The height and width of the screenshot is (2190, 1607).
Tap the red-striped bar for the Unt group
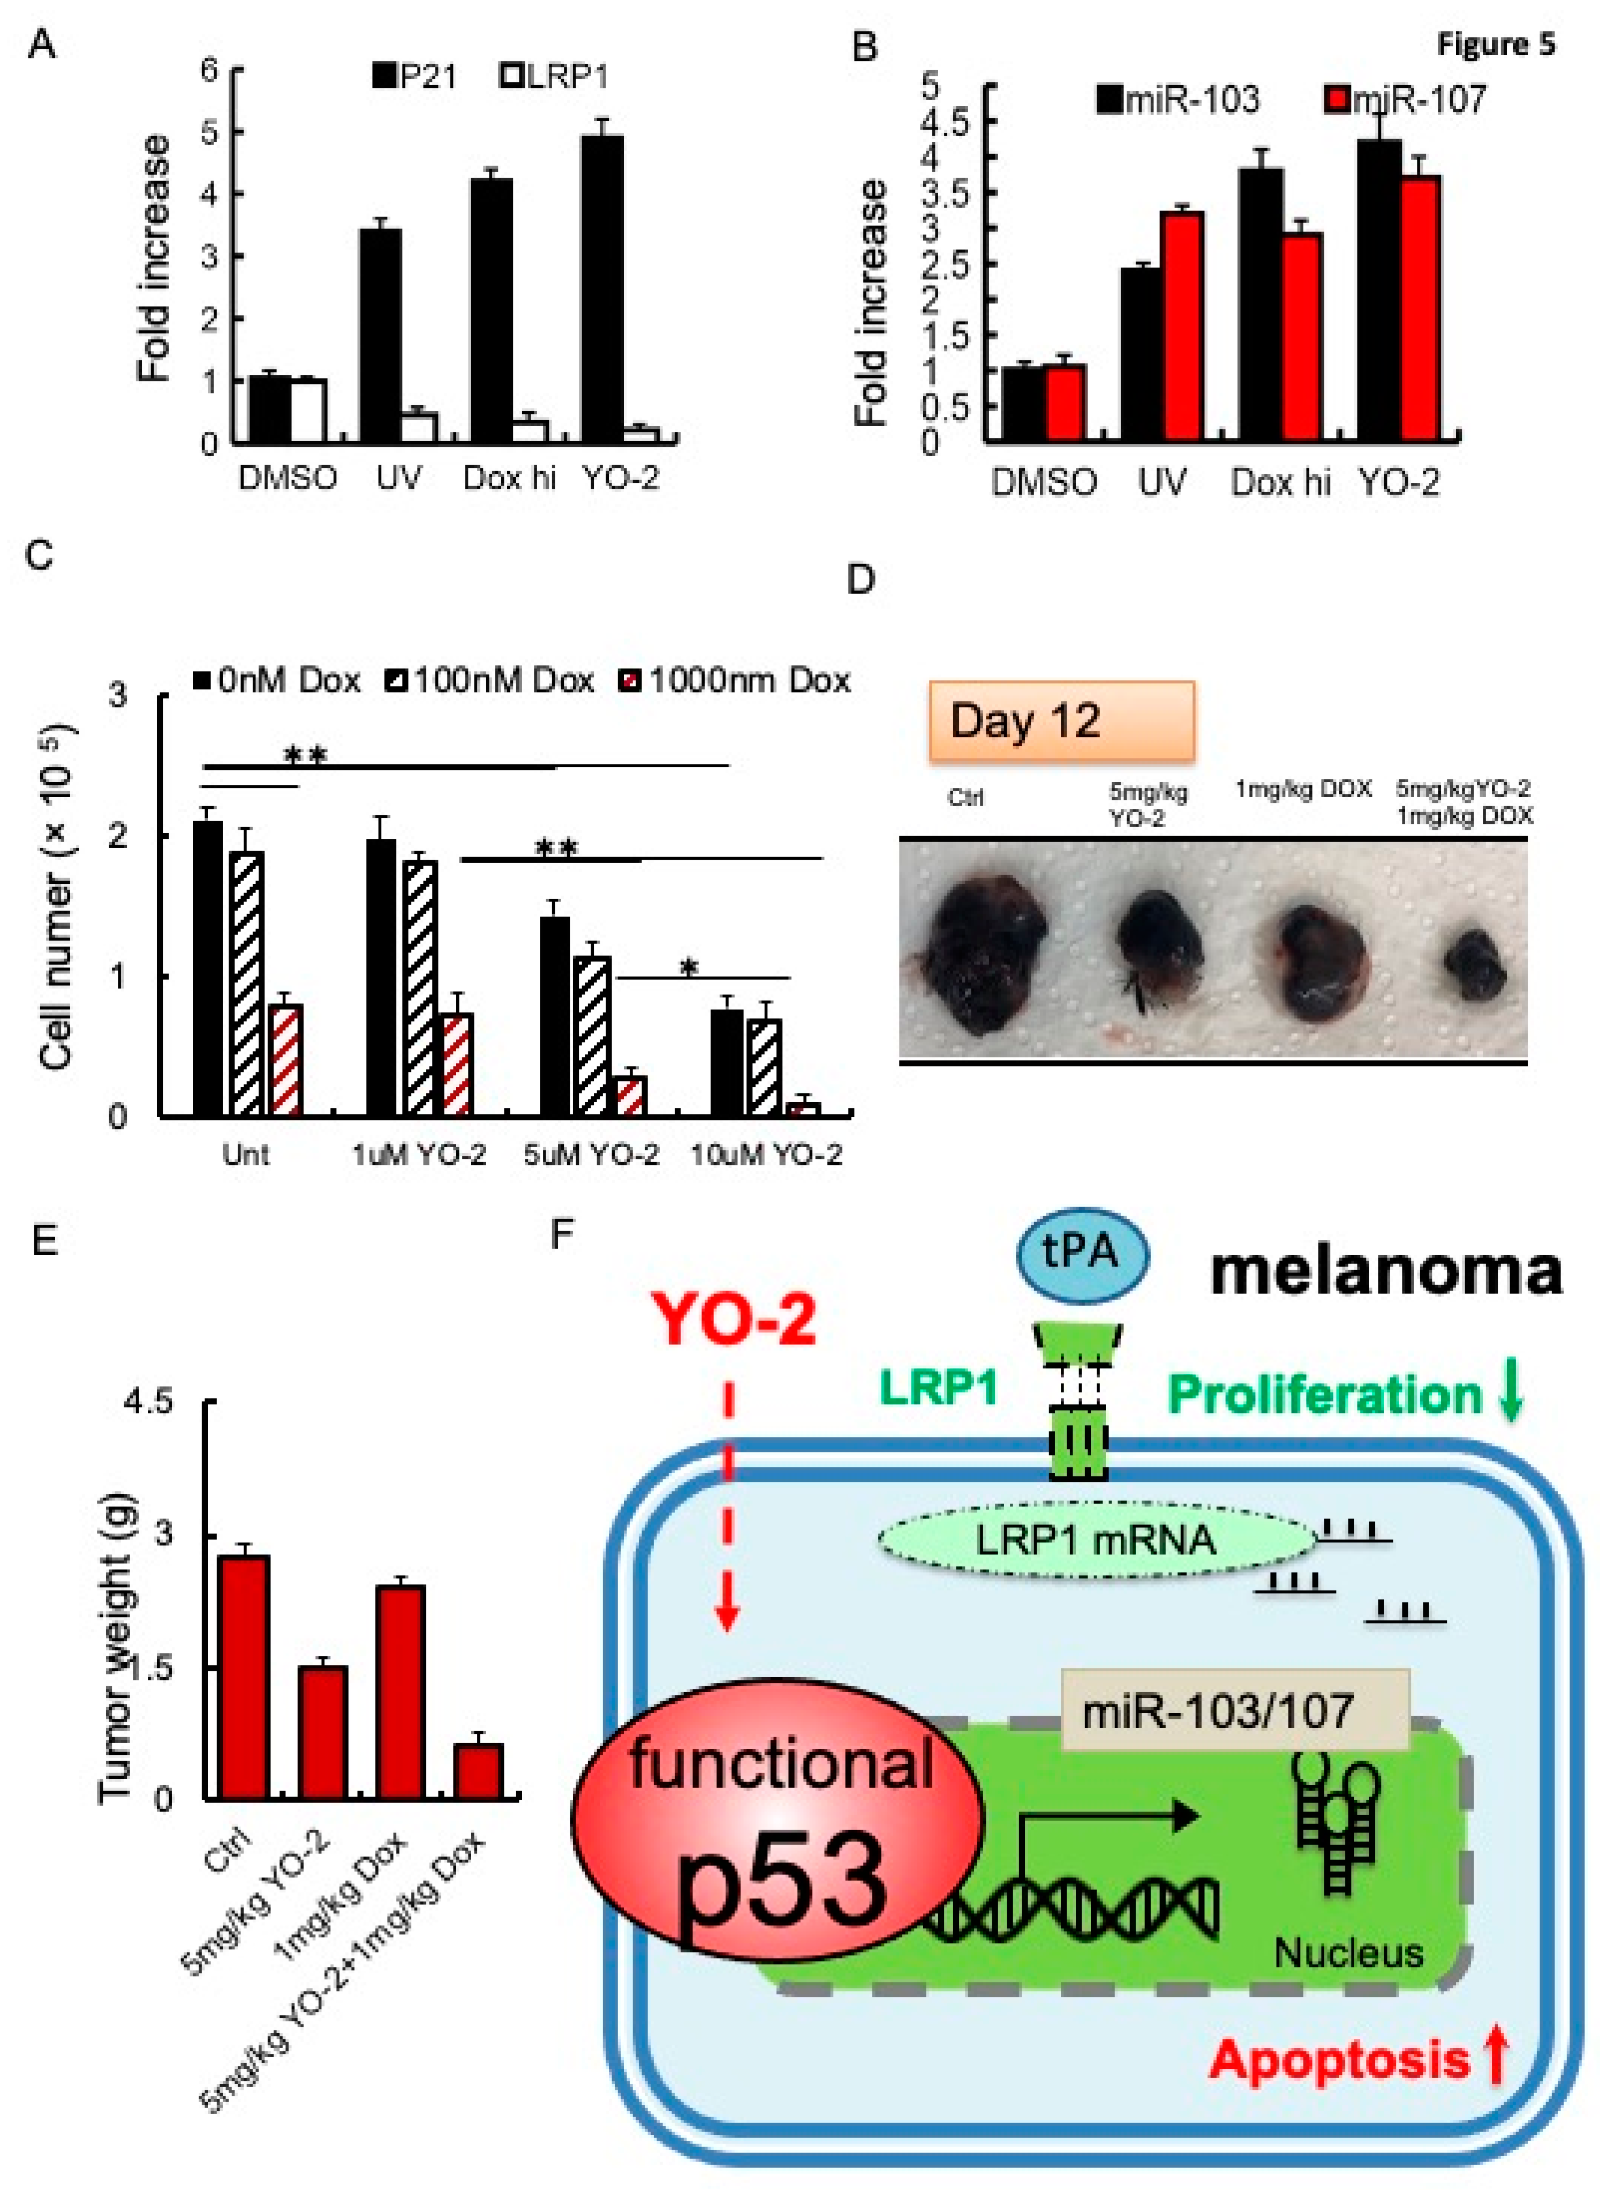[x=286, y=1060]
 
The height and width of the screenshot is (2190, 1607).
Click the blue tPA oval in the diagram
[x=1082, y=1254]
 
